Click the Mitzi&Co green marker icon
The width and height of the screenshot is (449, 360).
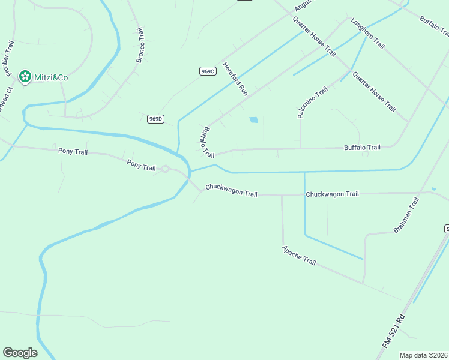coord(25,76)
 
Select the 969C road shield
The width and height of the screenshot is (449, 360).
coord(208,71)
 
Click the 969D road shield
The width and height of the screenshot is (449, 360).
coord(155,119)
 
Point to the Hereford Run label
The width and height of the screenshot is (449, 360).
coord(235,79)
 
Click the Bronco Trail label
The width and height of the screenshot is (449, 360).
coord(140,45)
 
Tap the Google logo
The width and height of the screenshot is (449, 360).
coord(20,353)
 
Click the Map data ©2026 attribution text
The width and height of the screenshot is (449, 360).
coord(424,355)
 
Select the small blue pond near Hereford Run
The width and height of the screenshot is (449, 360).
coord(254,120)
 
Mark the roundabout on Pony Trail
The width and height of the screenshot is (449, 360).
coord(165,169)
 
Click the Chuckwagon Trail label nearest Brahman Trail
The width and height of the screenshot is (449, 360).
coord(332,194)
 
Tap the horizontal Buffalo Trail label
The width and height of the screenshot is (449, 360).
coord(362,148)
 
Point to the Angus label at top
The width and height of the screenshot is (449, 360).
coord(304,6)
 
